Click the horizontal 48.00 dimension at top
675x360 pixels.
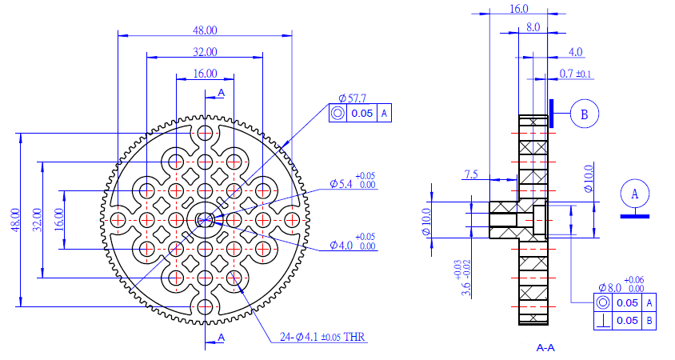point(205,30)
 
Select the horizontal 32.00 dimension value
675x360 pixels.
point(205,52)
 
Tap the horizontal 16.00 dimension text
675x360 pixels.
point(205,74)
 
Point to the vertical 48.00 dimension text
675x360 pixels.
point(15,220)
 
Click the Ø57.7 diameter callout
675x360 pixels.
point(352,98)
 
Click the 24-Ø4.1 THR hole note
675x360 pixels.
point(322,337)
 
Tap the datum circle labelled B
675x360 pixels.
point(584,114)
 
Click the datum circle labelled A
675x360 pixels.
point(635,194)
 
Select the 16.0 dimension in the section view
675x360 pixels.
point(519,9)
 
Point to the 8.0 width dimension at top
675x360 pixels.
point(533,27)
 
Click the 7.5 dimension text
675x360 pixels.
point(471,174)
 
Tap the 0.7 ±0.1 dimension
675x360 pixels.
point(575,74)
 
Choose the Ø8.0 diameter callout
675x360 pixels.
point(621,285)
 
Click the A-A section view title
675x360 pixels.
point(545,347)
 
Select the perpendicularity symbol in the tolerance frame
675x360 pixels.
point(603,321)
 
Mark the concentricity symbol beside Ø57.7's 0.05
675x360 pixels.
point(338,114)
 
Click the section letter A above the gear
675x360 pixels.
point(222,93)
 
